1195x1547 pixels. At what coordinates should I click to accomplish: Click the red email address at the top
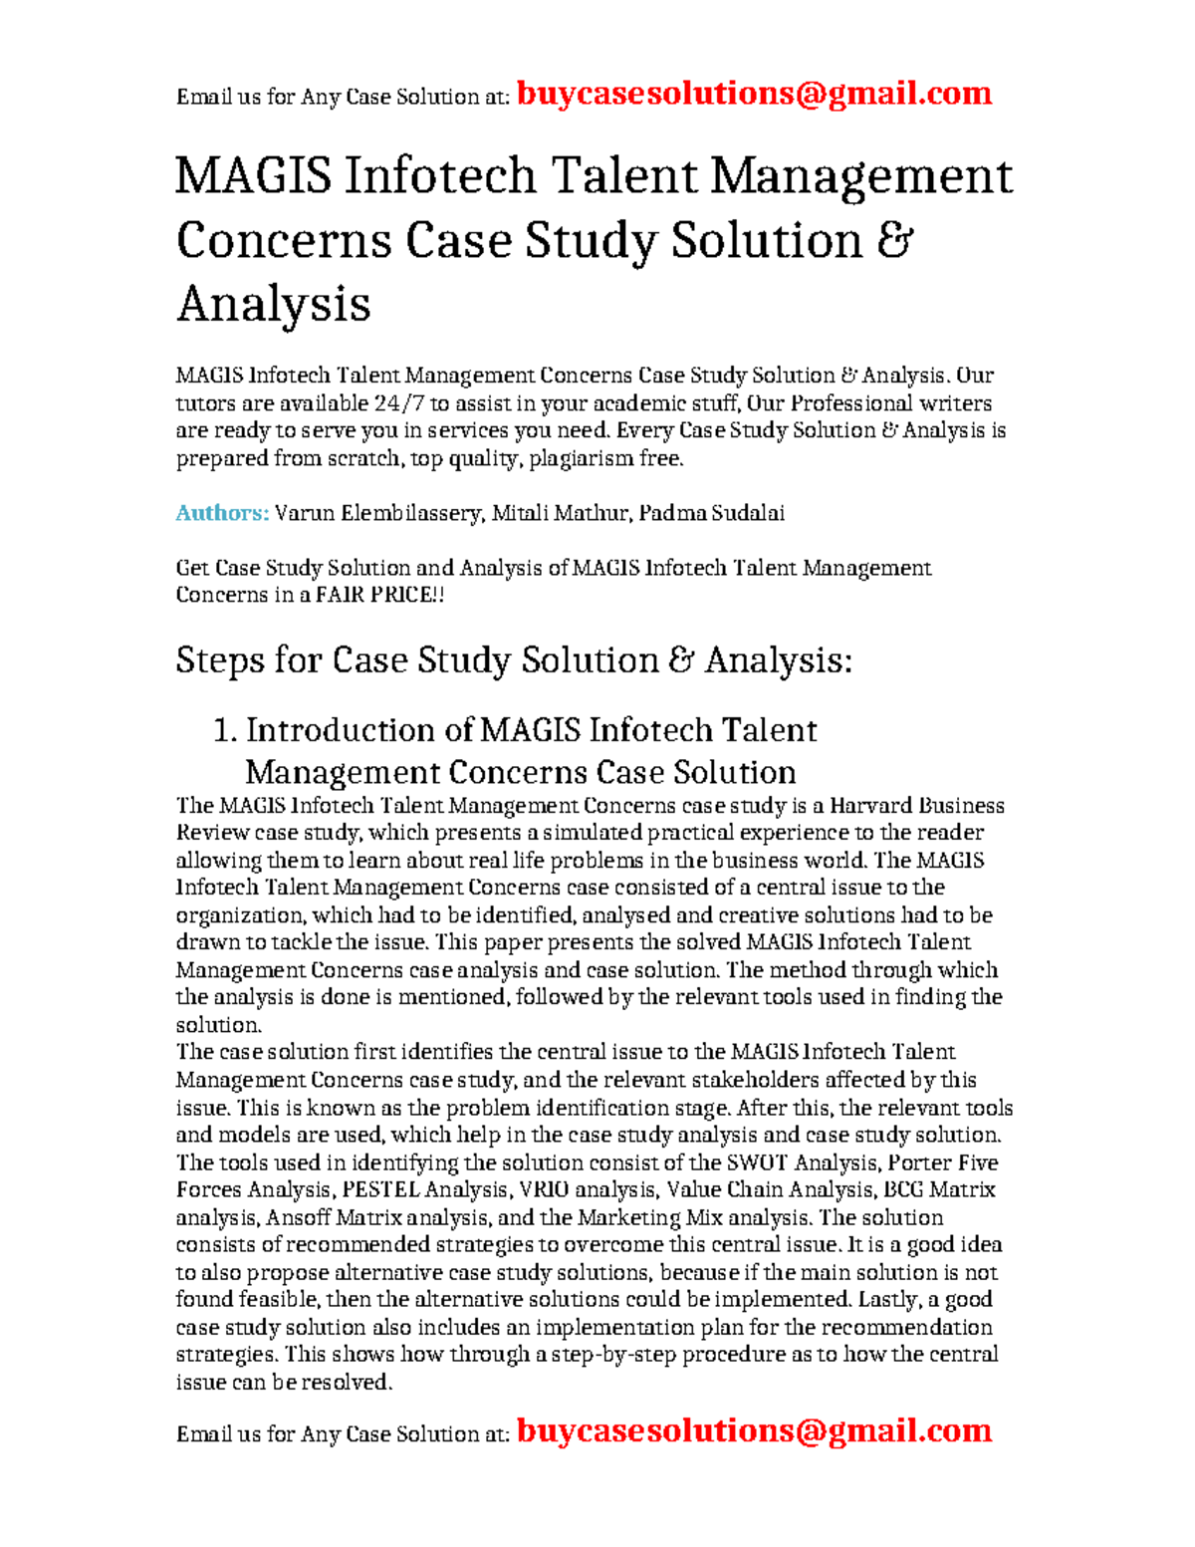pos(754,94)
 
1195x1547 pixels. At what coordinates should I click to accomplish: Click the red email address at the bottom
pos(754,1430)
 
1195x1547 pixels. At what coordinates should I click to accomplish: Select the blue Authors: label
pos(222,513)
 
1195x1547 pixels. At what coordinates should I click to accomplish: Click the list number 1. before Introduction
pos(225,730)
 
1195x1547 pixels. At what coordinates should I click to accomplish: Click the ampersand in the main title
pos(894,240)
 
